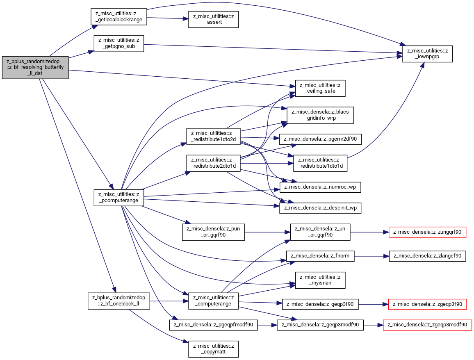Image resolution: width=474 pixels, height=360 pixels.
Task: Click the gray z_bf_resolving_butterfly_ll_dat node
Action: [x=35, y=67]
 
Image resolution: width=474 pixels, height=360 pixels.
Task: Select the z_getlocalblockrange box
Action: [x=119, y=17]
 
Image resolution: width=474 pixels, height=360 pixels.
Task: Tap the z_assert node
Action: [x=213, y=19]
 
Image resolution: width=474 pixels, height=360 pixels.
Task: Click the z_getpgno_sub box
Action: [x=119, y=43]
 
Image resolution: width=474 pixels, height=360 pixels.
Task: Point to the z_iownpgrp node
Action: [x=427, y=54]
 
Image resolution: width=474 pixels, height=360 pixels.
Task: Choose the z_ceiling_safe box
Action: [x=320, y=88]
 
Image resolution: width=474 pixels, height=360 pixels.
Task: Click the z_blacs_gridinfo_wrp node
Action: [x=320, y=115]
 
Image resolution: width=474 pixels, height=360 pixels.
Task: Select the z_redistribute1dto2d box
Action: [x=213, y=136]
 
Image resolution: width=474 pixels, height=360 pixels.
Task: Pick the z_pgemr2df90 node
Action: [x=320, y=139]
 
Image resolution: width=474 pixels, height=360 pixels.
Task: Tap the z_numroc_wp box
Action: [x=320, y=187]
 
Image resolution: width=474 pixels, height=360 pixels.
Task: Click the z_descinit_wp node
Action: [x=320, y=208]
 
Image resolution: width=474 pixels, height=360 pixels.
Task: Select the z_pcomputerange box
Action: [x=119, y=198]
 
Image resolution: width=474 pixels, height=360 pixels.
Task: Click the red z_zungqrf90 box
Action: [x=427, y=232]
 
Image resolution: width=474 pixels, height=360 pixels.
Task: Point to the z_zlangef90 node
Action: [x=427, y=256]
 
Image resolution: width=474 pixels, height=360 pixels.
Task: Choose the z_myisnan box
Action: [x=320, y=280]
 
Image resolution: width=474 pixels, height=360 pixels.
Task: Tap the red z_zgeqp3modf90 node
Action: [x=427, y=325]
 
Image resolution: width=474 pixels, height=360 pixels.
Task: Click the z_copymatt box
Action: [x=213, y=349]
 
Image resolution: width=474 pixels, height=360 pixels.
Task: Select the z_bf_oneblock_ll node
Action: [x=119, y=301]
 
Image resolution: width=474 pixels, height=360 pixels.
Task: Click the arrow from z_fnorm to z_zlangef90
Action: [x=371, y=256]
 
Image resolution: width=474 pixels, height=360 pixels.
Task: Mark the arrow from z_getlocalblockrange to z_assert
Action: [x=167, y=18]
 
